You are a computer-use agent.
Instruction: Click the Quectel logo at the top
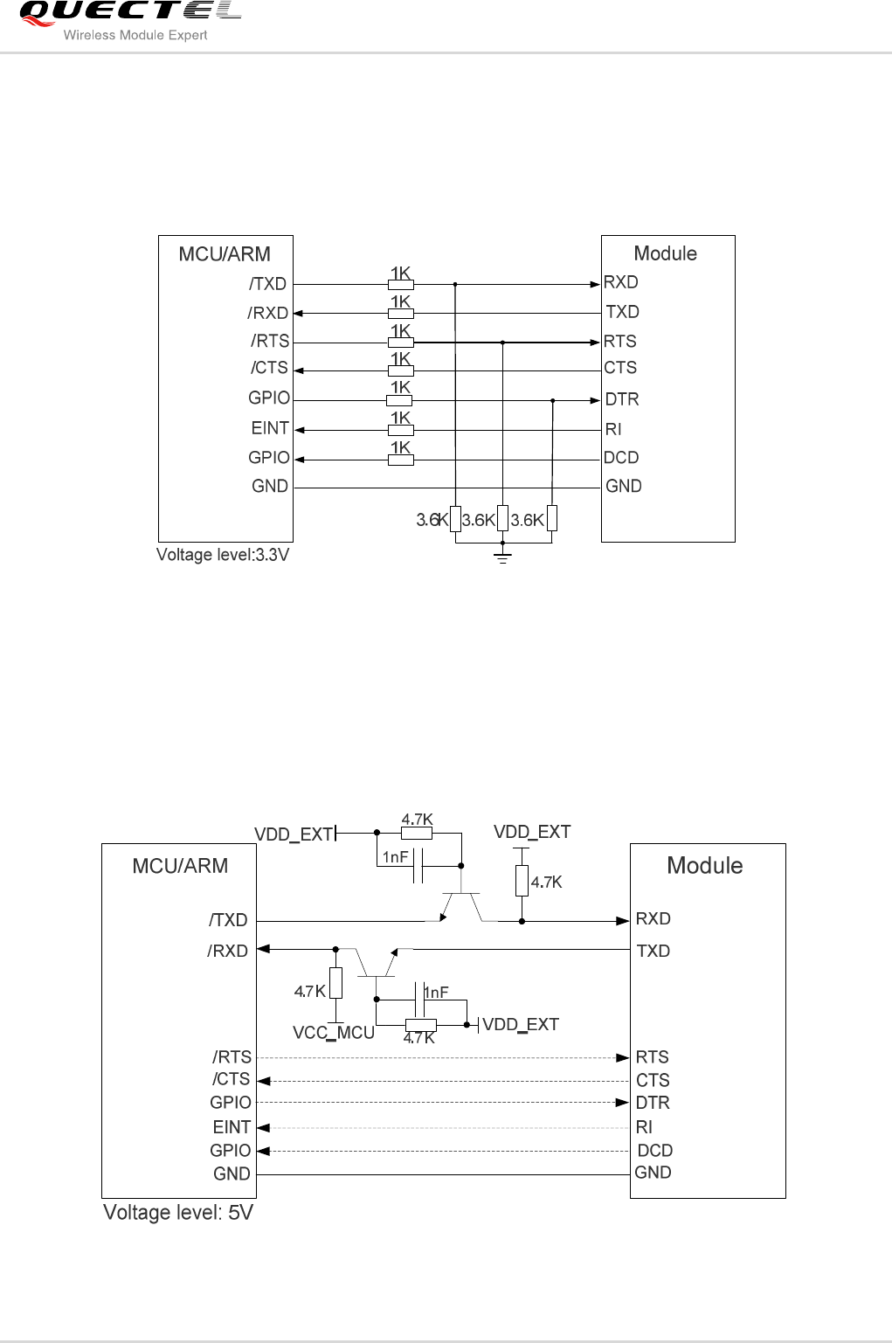pos(129,12)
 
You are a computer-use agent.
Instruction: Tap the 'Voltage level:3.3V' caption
pos(222,555)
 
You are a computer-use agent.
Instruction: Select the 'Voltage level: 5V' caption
pos(178,1212)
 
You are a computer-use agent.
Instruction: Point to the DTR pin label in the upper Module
pos(622,399)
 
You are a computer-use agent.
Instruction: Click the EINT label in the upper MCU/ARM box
pos(270,428)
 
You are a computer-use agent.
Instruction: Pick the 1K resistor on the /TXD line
pos(400,284)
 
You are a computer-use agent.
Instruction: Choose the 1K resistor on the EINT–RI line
pos(400,430)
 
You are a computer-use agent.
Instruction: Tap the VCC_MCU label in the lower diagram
pos(334,1033)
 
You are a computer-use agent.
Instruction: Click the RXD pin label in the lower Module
pos(653,918)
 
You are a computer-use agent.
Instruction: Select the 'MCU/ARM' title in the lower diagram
pos(180,866)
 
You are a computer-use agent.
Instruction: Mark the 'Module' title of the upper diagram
pos(665,253)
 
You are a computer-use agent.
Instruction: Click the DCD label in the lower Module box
pos(654,1151)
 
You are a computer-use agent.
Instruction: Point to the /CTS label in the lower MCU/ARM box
pos(231,1080)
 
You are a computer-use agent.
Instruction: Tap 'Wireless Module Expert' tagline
pos(135,35)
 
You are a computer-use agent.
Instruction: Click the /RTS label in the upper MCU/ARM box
pos(270,341)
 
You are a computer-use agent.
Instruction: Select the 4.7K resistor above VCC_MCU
pos(335,983)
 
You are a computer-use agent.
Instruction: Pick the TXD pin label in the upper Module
pos(622,312)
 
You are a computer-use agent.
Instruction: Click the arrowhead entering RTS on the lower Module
pos(622,1057)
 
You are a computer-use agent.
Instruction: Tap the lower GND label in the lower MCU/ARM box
pos(232,1174)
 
